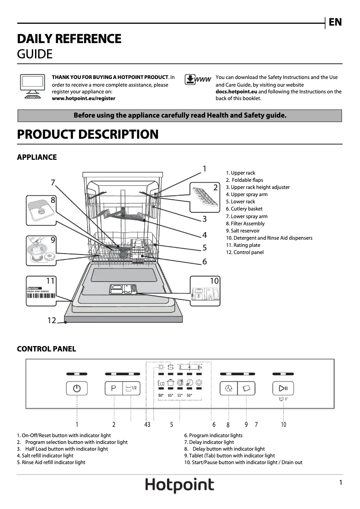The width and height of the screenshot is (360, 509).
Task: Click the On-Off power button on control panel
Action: (77, 388)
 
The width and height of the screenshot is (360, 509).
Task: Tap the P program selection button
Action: (114, 388)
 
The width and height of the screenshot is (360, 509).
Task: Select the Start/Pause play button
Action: (283, 388)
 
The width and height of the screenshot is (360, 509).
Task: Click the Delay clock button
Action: (228, 388)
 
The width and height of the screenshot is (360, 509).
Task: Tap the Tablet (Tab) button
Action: (246, 388)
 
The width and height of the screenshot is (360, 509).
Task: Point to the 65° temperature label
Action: (171, 395)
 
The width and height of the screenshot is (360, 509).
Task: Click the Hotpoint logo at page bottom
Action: (180, 486)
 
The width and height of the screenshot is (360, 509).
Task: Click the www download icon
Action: (198, 80)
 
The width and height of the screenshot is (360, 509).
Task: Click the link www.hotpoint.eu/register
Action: (83, 98)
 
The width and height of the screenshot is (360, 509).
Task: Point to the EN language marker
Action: (335, 22)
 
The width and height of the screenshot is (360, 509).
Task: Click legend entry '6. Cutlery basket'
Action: (244, 209)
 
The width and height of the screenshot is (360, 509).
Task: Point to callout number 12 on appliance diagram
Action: (52, 320)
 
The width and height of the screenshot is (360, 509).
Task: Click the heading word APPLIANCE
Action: (37, 157)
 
